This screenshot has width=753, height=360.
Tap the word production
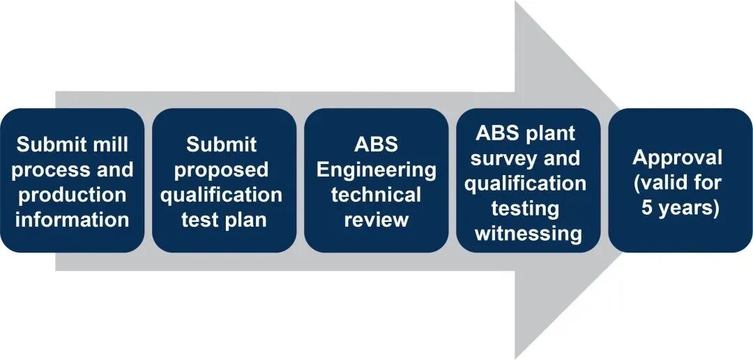coord(73,195)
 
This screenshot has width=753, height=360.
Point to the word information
coord(73,219)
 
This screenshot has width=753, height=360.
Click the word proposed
coord(222,170)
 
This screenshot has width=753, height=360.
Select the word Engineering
coord(376,170)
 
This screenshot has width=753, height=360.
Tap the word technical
coord(376,195)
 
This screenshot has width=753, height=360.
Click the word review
coord(376,219)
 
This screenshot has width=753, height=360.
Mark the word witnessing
coord(528,233)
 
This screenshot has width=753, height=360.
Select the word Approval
coord(678,158)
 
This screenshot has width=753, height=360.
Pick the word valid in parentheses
coord(663,183)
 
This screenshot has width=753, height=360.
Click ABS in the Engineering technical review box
coord(376,145)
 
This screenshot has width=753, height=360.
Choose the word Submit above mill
coord(52,145)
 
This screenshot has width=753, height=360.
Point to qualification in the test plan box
coord(222,195)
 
